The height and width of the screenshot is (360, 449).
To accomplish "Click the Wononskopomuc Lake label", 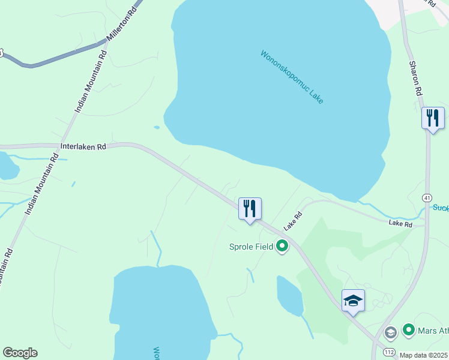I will coord(292,77).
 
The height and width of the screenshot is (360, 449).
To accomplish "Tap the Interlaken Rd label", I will coord(83,146).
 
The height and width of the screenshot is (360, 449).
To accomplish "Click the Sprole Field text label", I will coord(251,246).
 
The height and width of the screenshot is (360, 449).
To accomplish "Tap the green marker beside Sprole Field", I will coord(282,246).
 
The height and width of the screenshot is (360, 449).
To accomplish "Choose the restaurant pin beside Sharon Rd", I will coord(433,118).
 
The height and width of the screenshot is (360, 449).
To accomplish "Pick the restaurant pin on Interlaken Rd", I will coord(250,209).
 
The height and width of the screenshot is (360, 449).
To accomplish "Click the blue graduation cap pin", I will coord(353,301).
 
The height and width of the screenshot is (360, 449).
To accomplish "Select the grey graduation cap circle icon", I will coord(390,332).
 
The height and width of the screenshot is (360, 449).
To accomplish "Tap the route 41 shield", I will coord(427,198).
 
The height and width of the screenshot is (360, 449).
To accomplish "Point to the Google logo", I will coord(20,353).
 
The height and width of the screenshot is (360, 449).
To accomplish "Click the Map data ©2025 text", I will coord(423,355).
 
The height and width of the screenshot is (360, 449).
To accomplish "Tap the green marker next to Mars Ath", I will coord(409,329).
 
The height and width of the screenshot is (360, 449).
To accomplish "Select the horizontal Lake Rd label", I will coord(400,224).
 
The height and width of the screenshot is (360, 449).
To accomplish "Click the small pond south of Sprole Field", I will coord(290,296).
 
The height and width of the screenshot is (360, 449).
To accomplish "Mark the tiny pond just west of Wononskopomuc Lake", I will coord(157,127).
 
